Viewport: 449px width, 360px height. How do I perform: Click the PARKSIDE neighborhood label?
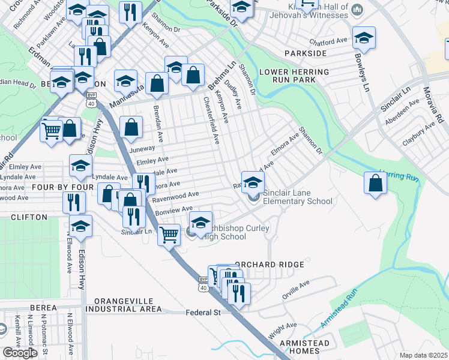tap(309, 53)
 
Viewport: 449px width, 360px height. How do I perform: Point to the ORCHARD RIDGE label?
tap(270, 264)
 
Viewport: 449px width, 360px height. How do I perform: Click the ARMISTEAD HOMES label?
tap(304, 347)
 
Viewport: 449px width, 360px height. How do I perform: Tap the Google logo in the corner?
tap(20, 353)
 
